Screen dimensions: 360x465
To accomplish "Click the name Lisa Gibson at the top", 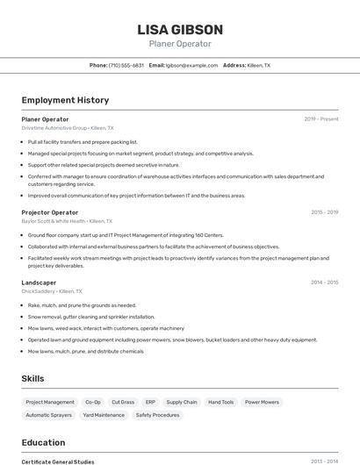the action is (x=180, y=30).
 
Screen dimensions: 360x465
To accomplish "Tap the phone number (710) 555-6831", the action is (x=126, y=65).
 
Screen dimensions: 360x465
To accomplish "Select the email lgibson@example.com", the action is (x=191, y=65).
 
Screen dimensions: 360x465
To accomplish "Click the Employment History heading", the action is (x=65, y=100).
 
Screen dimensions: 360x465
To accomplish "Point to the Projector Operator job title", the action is (x=50, y=212).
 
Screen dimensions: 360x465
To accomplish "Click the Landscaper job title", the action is (x=39, y=283).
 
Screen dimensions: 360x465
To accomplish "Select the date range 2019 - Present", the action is (x=320, y=118).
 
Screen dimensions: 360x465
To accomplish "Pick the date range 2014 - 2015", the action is (x=324, y=283).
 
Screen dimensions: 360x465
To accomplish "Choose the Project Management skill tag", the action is (x=50, y=402).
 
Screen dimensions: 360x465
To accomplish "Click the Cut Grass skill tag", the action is (x=122, y=402).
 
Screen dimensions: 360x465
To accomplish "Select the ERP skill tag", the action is (x=150, y=402).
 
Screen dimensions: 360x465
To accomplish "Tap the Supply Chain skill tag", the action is (x=182, y=402).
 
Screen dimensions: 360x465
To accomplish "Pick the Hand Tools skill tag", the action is (x=221, y=402).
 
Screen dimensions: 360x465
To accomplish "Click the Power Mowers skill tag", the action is (x=262, y=402).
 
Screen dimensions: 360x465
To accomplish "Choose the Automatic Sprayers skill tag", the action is (x=49, y=415).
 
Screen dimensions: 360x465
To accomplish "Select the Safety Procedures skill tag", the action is (x=158, y=415).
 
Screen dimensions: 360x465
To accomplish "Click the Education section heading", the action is (x=43, y=442).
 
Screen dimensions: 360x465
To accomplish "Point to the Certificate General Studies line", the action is (x=58, y=461).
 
